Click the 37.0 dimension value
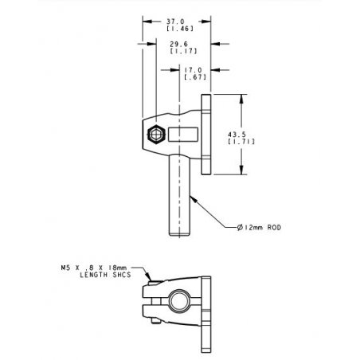tap(175, 22)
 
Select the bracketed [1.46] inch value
tap(180, 29)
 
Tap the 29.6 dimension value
tap(178, 44)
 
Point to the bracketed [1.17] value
tap(183, 51)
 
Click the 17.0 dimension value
tap(193, 70)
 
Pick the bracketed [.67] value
tap(195, 77)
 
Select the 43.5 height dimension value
tap(237, 135)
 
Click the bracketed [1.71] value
tap(241, 142)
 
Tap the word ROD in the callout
tap(274, 228)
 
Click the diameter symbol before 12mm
tap(240, 228)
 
